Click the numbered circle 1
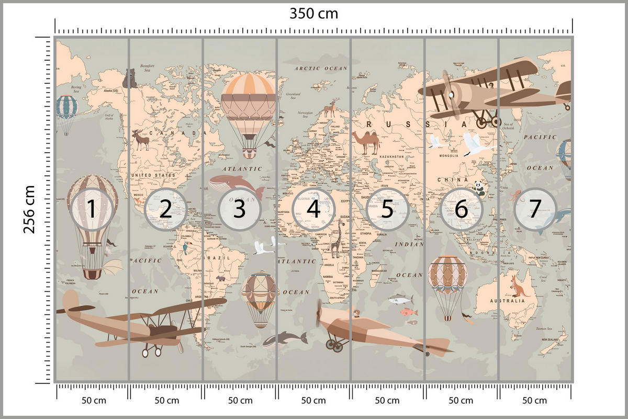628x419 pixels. coord(92,209)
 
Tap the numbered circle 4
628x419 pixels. coord(313,209)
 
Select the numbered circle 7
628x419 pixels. coord(534,209)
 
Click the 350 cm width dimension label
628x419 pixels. coord(314,14)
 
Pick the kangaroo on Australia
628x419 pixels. coord(518,286)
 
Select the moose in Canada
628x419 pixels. coord(140,140)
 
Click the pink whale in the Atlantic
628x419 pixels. coord(235,183)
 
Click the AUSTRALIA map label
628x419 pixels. coord(506,301)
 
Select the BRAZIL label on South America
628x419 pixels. coord(219,258)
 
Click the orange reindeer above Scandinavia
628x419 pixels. coord(330,109)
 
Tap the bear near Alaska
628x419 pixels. coord(129,78)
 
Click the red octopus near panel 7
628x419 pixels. coord(515,196)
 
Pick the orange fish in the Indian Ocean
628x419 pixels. coord(409,312)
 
